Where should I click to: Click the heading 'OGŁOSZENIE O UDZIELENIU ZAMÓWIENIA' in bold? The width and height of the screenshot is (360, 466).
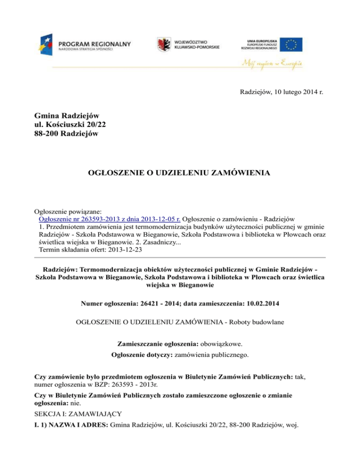click(180, 173)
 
